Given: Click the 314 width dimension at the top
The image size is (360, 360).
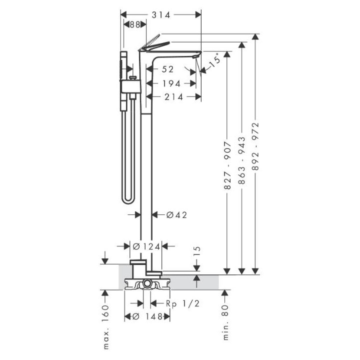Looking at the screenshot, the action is click(x=161, y=15).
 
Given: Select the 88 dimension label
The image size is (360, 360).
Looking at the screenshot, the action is click(x=135, y=24).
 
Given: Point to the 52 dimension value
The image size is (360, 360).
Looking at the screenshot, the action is click(x=168, y=69).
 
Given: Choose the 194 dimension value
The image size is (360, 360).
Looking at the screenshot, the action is click(x=171, y=83).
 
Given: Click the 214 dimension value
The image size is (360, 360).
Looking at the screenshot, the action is click(x=173, y=97).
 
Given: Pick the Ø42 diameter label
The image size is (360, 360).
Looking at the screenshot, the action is click(x=176, y=215).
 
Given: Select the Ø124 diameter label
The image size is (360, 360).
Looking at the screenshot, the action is click(x=146, y=247).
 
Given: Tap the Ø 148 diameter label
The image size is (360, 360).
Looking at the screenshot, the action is click(x=147, y=316).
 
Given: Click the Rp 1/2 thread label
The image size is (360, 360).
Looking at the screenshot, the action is click(x=182, y=304).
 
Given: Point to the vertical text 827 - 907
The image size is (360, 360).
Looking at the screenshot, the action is click(x=227, y=165).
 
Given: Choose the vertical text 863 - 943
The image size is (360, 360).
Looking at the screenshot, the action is click(x=241, y=160).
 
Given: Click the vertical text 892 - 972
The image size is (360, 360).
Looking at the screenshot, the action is click(x=255, y=146).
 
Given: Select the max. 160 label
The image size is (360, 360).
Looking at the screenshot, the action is click(x=105, y=327).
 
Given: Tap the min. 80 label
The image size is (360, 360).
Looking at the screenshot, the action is click(x=225, y=322).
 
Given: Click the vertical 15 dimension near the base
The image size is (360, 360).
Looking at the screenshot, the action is click(x=197, y=251).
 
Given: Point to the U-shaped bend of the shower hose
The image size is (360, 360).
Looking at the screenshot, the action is click(x=128, y=199).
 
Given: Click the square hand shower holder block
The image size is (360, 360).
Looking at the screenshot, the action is click(x=130, y=87).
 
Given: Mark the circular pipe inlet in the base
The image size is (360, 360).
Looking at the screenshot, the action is click(x=147, y=284).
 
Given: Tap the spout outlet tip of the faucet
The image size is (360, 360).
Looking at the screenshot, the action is click(x=195, y=56).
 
